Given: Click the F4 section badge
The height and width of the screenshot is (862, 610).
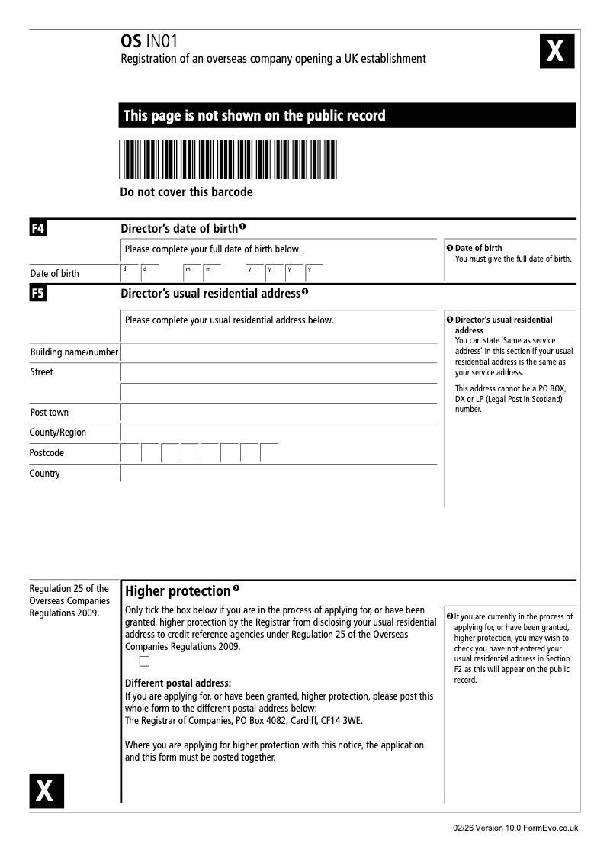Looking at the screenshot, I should [37, 227].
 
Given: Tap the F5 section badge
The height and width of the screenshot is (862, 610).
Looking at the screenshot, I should [37, 292].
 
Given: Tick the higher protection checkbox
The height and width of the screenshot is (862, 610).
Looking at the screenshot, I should [144, 661].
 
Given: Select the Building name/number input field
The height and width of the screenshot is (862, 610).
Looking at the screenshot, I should [278, 352].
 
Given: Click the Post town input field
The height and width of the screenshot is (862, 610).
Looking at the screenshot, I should [278, 413].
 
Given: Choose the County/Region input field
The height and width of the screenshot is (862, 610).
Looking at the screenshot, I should [278, 433].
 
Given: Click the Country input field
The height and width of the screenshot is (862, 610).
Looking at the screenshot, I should [278, 473].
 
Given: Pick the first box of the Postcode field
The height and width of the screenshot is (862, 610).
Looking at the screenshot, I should [130, 452].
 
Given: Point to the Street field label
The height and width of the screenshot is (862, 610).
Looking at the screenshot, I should [42, 372].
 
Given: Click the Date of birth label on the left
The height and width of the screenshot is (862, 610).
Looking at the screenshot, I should [54, 273].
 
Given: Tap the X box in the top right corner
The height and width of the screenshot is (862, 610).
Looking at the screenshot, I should [557, 52].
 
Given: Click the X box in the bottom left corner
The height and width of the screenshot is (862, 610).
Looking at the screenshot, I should [47, 790].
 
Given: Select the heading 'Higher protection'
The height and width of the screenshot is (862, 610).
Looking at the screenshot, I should [178, 591].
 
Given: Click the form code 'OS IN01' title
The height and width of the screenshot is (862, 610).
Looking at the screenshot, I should [149, 41].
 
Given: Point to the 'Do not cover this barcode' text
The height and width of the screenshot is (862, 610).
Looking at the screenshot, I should [186, 192].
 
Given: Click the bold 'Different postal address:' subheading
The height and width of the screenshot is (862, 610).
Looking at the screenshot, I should [178, 683].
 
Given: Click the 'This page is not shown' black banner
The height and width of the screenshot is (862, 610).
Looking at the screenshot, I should [348, 115].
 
